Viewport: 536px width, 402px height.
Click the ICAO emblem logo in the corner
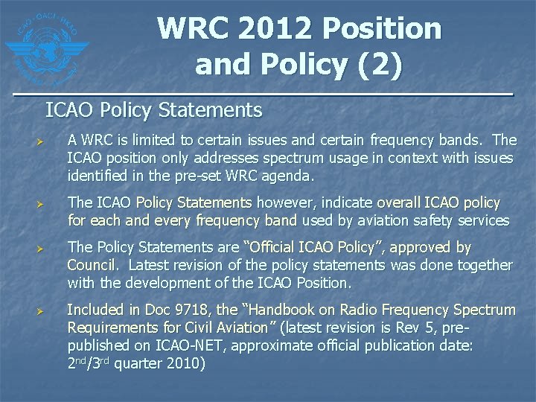46,46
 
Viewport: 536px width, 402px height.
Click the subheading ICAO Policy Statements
153,111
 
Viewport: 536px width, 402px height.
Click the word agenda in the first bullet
292,177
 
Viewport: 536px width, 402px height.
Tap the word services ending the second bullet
484,220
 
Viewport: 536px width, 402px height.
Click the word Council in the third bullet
90,265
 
